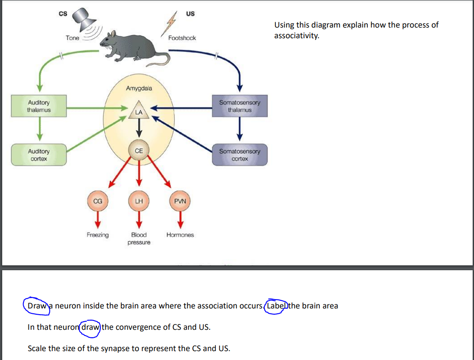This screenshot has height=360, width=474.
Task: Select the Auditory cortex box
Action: pos(39,155)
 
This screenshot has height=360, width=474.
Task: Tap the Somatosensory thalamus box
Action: pos(239,106)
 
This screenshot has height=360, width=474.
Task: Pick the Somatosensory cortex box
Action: pos(239,155)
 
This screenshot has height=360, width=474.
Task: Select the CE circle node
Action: pos(139,151)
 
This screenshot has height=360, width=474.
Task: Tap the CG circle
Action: pos(98,201)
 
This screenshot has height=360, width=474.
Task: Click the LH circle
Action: pos(139,201)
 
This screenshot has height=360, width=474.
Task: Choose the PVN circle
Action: pos(180,201)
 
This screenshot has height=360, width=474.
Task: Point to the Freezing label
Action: pos(97,235)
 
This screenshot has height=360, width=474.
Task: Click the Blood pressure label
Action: pos(139,238)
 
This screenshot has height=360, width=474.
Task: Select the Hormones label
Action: pos(180,235)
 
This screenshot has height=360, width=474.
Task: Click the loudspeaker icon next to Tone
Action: pos(84,19)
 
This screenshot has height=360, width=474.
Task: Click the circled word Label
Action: pos(275,306)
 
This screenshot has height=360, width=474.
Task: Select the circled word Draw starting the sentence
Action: pos(36,306)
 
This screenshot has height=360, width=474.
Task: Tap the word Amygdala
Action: pos(139,88)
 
